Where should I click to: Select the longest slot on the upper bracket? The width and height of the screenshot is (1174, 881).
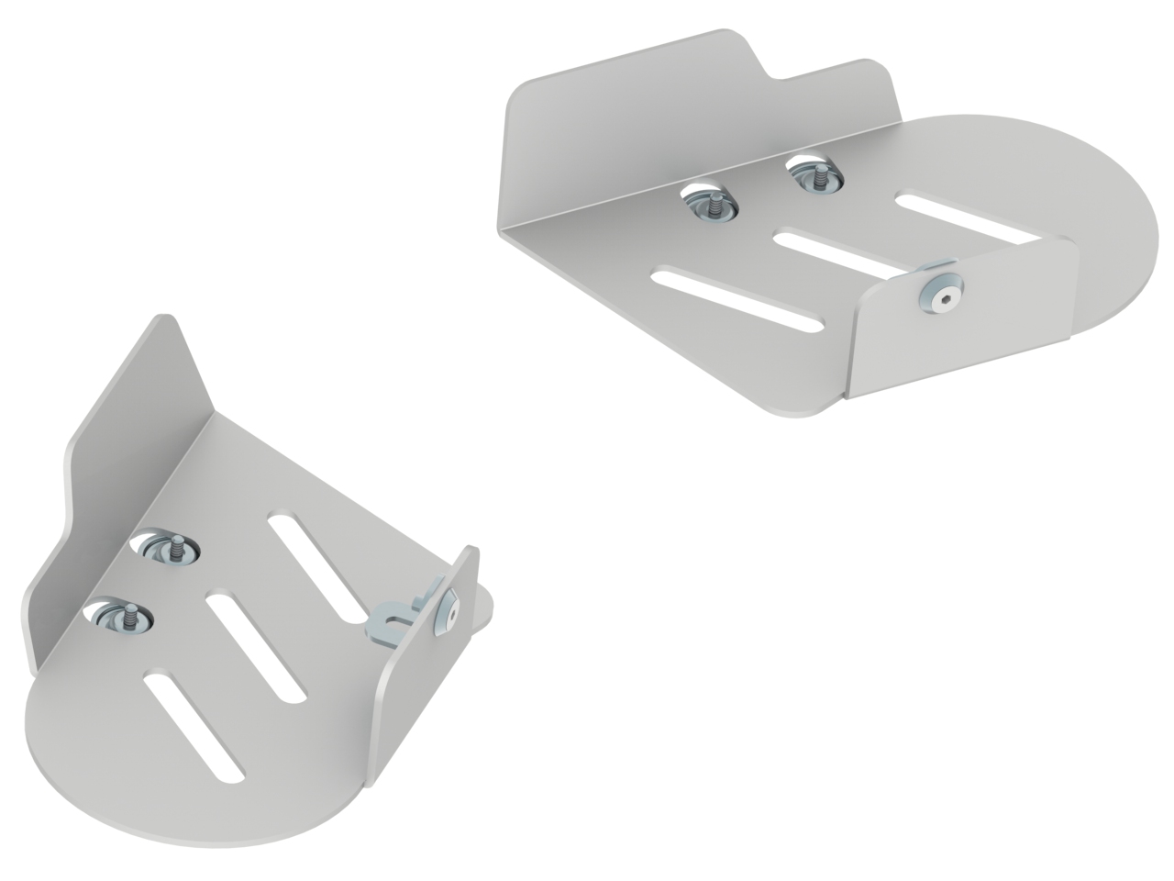coord(737,299)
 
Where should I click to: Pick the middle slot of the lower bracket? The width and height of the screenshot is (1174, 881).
coord(256,648)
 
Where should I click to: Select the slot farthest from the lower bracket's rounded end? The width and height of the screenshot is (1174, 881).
coord(317,567)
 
